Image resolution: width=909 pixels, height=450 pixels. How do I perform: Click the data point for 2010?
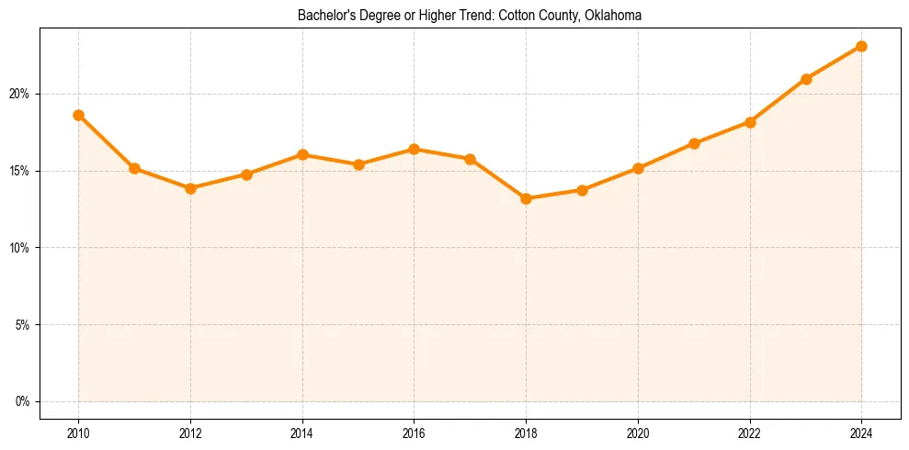click(78, 115)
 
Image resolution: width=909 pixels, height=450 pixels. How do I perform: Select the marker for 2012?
click(190, 188)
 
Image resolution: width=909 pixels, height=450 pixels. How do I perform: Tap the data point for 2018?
click(526, 198)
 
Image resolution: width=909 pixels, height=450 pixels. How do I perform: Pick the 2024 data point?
click(861, 46)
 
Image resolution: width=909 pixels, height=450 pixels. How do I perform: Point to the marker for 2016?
click(414, 149)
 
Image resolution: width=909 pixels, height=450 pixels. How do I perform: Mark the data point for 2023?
click(806, 79)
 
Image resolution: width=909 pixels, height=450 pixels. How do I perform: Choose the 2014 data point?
click(302, 154)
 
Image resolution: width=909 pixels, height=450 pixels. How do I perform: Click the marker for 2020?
click(638, 168)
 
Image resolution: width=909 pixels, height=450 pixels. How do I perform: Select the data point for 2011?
click(134, 168)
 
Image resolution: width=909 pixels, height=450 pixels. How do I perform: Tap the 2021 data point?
click(694, 143)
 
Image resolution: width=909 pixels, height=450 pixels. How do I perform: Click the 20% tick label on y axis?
click(20, 94)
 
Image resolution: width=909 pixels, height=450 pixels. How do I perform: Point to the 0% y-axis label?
click(23, 401)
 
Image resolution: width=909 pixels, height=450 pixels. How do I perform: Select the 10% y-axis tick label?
click(20, 248)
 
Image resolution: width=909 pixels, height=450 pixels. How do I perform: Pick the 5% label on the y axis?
click(23, 324)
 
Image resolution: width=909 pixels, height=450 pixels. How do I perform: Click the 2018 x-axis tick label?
click(526, 433)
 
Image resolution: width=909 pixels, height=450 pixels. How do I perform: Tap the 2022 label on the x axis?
click(750, 433)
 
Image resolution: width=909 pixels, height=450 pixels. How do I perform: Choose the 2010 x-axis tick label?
click(78, 433)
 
